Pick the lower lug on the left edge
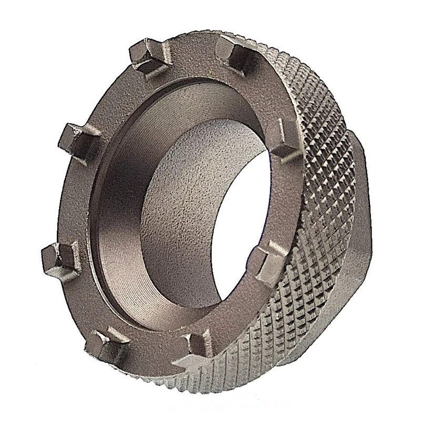[56, 258]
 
